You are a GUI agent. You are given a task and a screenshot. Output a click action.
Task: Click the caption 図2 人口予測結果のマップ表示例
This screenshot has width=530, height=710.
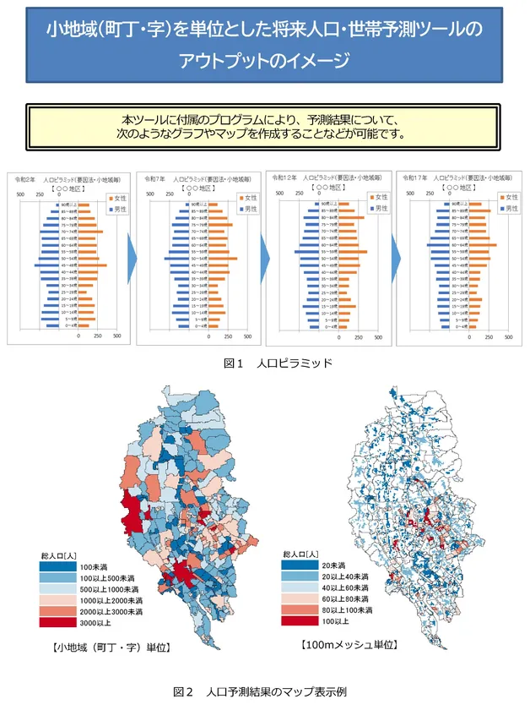[x=266, y=691]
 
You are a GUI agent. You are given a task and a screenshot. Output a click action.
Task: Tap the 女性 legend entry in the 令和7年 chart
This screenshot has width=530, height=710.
[x=244, y=198]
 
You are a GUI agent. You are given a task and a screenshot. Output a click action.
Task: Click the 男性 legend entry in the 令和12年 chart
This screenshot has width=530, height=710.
[x=379, y=207]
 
